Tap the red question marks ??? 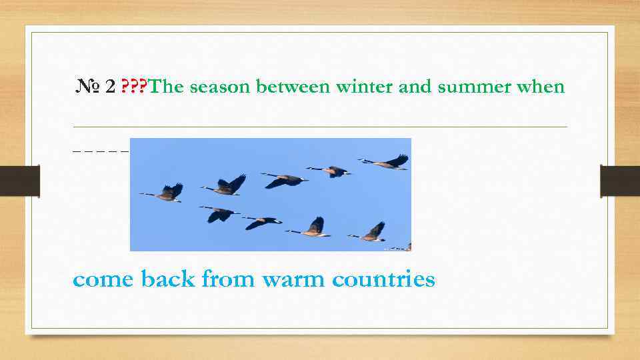[x=135, y=87]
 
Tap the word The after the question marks [x=167, y=87]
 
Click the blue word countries [x=383, y=279]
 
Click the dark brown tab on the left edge [x=19, y=181]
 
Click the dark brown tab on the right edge [x=620, y=181]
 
